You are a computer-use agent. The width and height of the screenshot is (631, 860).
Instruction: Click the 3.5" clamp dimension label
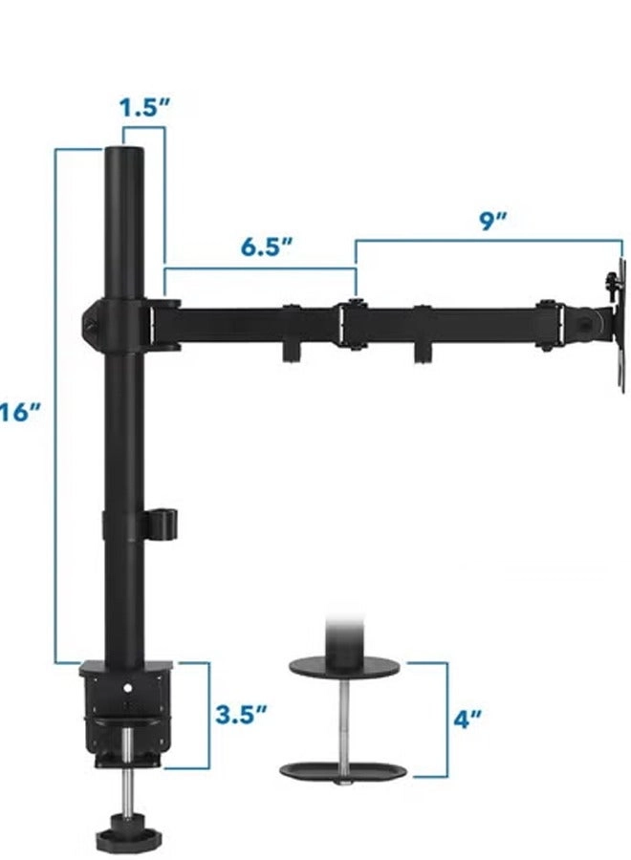pos(239,715)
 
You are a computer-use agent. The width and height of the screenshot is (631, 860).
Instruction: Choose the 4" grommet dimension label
pos(466,719)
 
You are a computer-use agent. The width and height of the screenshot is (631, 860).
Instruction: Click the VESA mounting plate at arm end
pos(615,319)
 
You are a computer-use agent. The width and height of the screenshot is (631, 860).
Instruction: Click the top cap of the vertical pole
pos(124,155)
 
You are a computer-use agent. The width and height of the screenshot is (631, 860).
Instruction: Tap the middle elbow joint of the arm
pos(352,325)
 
